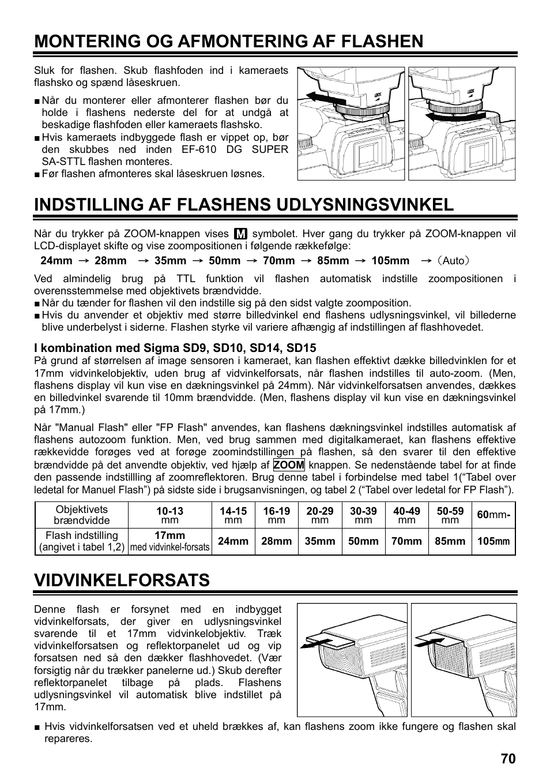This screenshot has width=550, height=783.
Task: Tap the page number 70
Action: pyautogui.click(x=508, y=759)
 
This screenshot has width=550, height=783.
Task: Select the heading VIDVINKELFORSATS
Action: pyautogui.click(x=122, y=580)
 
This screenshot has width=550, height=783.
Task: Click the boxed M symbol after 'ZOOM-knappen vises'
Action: pyautogui.click(x=240, y=234)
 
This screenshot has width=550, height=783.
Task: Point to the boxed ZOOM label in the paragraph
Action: pyautogui.click(x=289, y=465)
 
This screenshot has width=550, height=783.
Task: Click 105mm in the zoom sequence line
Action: pyautogui.click(x=390, y=260)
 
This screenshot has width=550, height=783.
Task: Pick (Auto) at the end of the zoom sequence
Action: pyautogui.click(x=453, y=260)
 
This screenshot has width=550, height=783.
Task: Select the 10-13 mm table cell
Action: pyautogui.click(x=169, y=515)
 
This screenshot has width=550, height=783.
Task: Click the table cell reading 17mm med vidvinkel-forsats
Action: pyautogui.click(x=169, y=541)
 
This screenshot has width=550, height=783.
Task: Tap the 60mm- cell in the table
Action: pyautogui.click(x=494, y=515)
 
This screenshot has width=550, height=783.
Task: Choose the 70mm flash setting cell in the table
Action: pyautogui.click(x=406, y=541)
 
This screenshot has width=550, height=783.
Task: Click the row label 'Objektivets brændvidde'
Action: pyautogui.click(x=81, y=515)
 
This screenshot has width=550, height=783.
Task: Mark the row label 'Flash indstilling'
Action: pyautogui.click(x=81, y=541)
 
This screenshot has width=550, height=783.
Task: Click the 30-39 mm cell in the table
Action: pyautogui.click(x=363, y=515)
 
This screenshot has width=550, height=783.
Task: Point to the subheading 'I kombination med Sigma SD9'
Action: pyautogui.click(x=175, y=348)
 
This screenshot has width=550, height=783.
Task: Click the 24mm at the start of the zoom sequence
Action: pyautogui.click(x=56, y=260)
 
